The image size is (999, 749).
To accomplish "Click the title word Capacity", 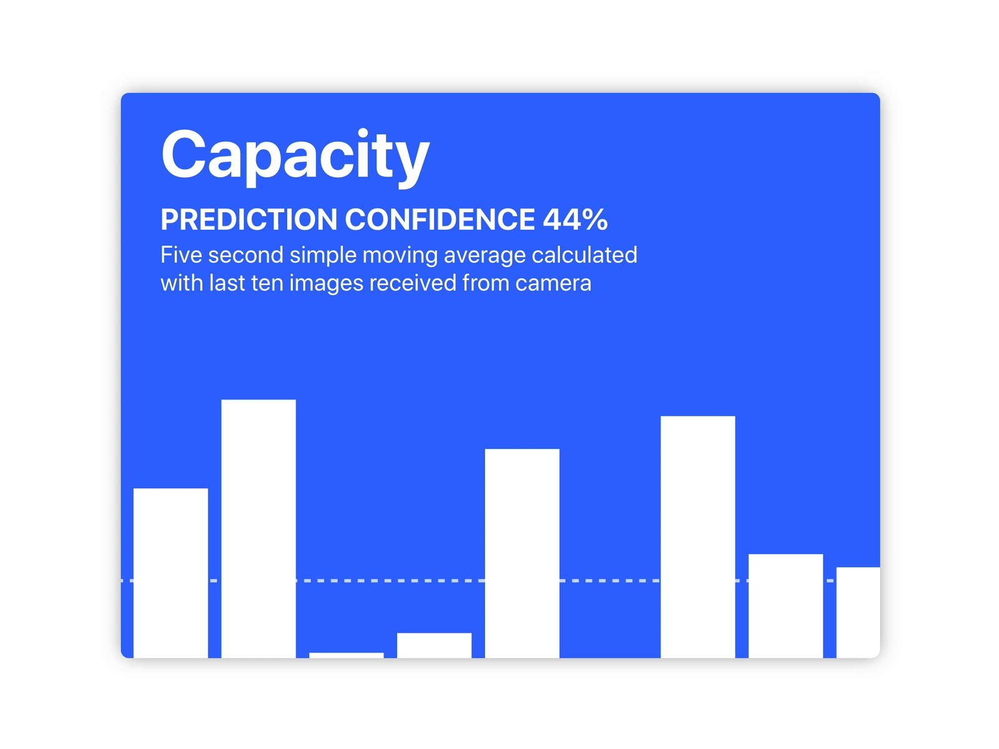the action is click(295, 156).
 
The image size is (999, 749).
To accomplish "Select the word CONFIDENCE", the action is click(440, 220).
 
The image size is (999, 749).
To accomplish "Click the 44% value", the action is click(575, 220).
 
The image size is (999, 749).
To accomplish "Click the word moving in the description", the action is click(400, 255).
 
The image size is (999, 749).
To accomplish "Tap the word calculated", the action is click(584, 255).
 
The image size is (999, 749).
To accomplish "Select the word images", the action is click(326, 284).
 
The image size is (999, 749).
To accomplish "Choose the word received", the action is click(413, 283).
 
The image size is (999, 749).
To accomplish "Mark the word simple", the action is click(323, 255).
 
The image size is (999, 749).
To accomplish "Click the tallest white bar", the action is click(258, 529).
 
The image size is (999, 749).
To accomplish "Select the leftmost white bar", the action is click(170, 573).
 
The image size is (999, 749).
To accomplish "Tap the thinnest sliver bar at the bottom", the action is click(347, 655).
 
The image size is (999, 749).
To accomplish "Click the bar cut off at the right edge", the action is click(858, 612).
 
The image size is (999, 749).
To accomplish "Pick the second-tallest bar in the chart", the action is click(697, 537).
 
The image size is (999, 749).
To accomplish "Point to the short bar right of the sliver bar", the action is click(434, 645).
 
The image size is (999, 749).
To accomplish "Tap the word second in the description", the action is click(246, 255).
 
